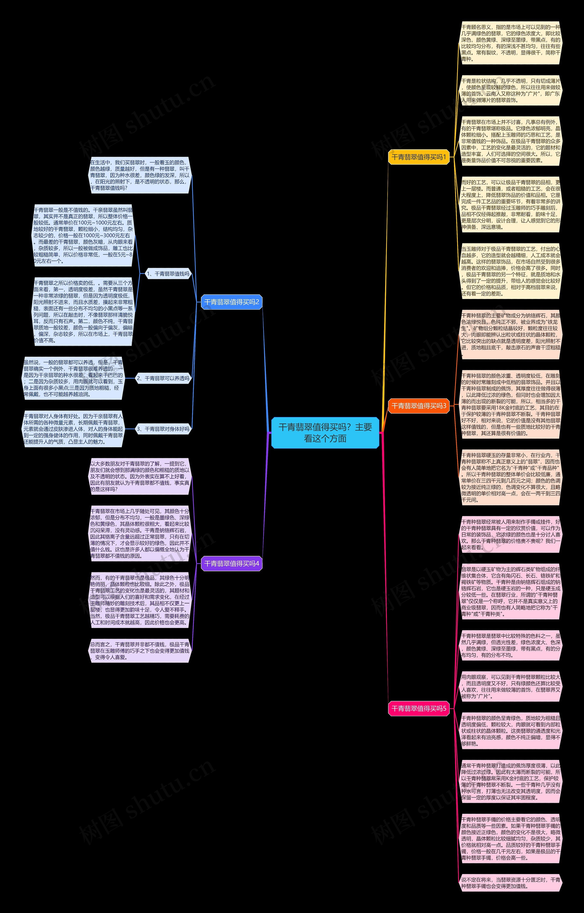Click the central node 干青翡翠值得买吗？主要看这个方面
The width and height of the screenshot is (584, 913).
point(325,433)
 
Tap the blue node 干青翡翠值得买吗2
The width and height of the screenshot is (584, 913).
point(231,302)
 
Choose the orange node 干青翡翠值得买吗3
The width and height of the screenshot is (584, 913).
point(419,406)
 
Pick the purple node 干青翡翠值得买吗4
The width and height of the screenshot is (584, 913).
point(231,563)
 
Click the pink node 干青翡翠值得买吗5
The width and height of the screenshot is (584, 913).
point(419,708)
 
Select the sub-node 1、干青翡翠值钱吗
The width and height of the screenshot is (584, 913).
point(168,274)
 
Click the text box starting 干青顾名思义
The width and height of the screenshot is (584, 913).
point(511,43)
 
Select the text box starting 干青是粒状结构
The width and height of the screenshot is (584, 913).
point(511,90)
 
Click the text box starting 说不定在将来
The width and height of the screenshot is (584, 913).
point(511,883)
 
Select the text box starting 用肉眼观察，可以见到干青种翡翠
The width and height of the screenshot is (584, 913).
point(511,687)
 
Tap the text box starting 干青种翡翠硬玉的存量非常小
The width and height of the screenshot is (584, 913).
point(511,477)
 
